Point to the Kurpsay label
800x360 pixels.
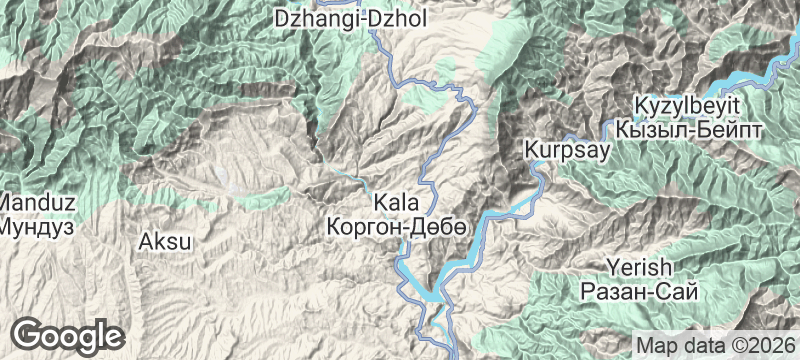click(x=564, y=151)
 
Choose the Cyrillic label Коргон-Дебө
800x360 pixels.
click(x=396, y=227)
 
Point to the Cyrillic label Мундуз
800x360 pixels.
click(x=36, y=226)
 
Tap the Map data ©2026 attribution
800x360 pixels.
click(x=713, y=345)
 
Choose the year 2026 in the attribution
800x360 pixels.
click(x=765, y=345)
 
